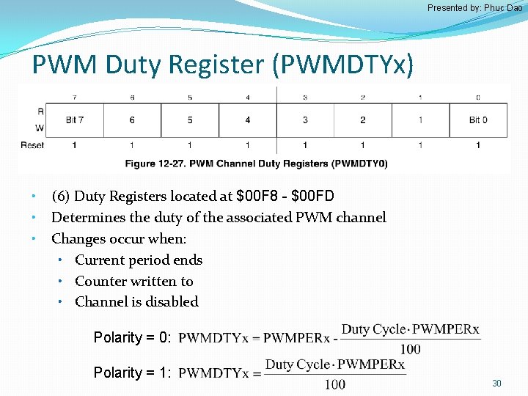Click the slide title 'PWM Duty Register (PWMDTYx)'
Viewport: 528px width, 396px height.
click(223, 65)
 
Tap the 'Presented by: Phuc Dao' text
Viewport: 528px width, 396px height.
click(474, 8)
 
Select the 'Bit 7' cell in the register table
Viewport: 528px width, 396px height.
click(74, 120)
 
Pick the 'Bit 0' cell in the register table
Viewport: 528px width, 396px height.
click(477, 120)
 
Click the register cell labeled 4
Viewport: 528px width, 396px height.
click(247, 120)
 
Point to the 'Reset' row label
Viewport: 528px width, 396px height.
click(32, 145)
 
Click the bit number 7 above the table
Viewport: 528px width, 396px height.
click(74, 98)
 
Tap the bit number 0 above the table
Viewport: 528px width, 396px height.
click(477, 98)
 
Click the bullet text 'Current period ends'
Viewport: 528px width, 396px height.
click(139, 260)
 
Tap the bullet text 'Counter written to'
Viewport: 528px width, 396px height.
click(134, 281)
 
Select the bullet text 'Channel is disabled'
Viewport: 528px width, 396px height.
click(136, 301)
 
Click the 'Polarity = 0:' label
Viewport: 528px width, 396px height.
click(132, 337)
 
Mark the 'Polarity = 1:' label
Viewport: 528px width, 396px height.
click(132, 373)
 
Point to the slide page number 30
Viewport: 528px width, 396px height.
click(496, 384)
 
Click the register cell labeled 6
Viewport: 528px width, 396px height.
click(132, 120)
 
